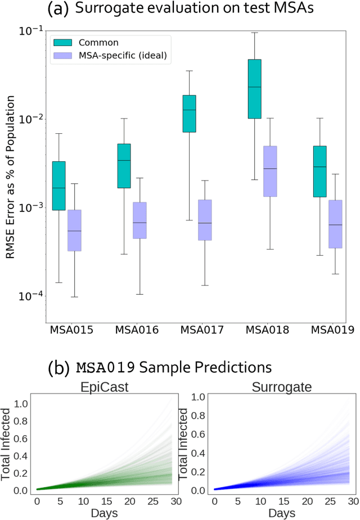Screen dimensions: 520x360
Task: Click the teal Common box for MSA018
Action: click(x=255, y=88)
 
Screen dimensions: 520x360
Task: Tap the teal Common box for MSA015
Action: click(x=59, y=186)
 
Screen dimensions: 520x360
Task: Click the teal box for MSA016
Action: click(x=124, y=165)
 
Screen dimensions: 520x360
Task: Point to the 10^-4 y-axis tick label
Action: click(x=32, y=296)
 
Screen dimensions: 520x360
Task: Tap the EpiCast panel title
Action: click(x=107, y=386)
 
